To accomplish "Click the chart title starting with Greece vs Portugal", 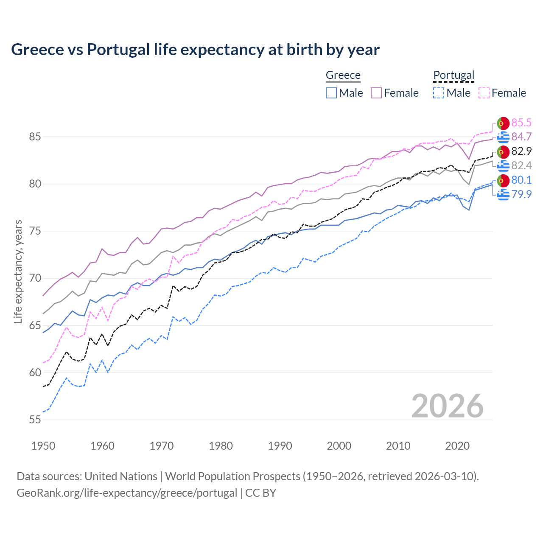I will pyautogui.click(x=195, y=50).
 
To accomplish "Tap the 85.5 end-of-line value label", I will pyautogui.click(x=521, y=123).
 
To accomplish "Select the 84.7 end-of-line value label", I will pyautogui.click(x=521, y=137).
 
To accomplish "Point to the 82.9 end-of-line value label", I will pyautogui.click(x=521, y=151).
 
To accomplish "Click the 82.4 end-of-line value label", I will pyautogui.click(x=521, y=165).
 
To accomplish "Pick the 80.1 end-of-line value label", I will pyautogui.click(x=521, y=180).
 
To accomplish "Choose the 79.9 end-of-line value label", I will pyautogui.click(x=521, y=194).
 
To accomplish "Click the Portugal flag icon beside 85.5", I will pyautogui.click(x=503, y=123).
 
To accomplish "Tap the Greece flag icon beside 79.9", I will pyautogui.click(x=503, y=195).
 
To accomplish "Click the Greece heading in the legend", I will pyautogui.click(x=343, y=75).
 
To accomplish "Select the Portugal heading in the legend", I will pyautogui.click(x=453, y=75).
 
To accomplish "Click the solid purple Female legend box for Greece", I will pyautogui.click(x=376, y=93).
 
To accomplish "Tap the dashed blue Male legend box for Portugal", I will pyautogui.click(x=439, y=93).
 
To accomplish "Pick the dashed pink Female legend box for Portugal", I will pyautogui.click(x=484, y=93).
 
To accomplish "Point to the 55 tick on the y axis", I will pyautogui.click(x=35, y=420).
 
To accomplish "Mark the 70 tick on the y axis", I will pyautogui.click(x=35, y=278).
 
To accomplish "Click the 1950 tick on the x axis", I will pyautogui.click(x=43, y=446).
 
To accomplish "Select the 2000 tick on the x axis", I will pyautogui.click(x=339, y=446).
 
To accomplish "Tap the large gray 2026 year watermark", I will pyautogui.click(x=447, y=406).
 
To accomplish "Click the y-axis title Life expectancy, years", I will pyautogui.click(x=18, y=271).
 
